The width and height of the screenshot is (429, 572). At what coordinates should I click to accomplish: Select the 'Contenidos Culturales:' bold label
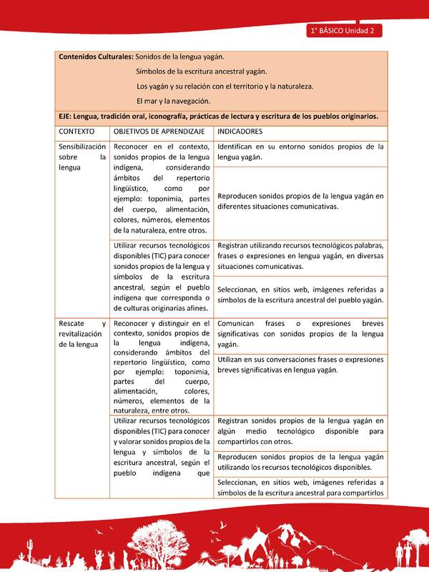(x=96, y=56)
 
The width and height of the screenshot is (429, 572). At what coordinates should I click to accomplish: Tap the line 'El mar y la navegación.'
(x=173, y=101)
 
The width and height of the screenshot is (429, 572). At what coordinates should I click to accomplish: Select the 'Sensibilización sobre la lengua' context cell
(x=82, y=157)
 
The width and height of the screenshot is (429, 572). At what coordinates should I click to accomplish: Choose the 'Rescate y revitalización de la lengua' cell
(x=82, y=334)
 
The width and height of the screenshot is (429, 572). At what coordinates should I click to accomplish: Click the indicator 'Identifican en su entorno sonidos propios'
(x=300, y=152)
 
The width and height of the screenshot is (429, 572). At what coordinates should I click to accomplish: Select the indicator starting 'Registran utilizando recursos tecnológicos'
(x=300, y=255)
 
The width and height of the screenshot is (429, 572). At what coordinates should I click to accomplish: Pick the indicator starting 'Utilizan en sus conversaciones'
(x=300, y=365)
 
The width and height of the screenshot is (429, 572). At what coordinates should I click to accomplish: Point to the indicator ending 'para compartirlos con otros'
(x=300, y=431)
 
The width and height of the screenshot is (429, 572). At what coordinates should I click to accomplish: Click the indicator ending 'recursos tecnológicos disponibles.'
(x=300, y=462)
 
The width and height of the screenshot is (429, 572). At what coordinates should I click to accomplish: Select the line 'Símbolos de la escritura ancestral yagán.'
(x=202, y=71)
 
